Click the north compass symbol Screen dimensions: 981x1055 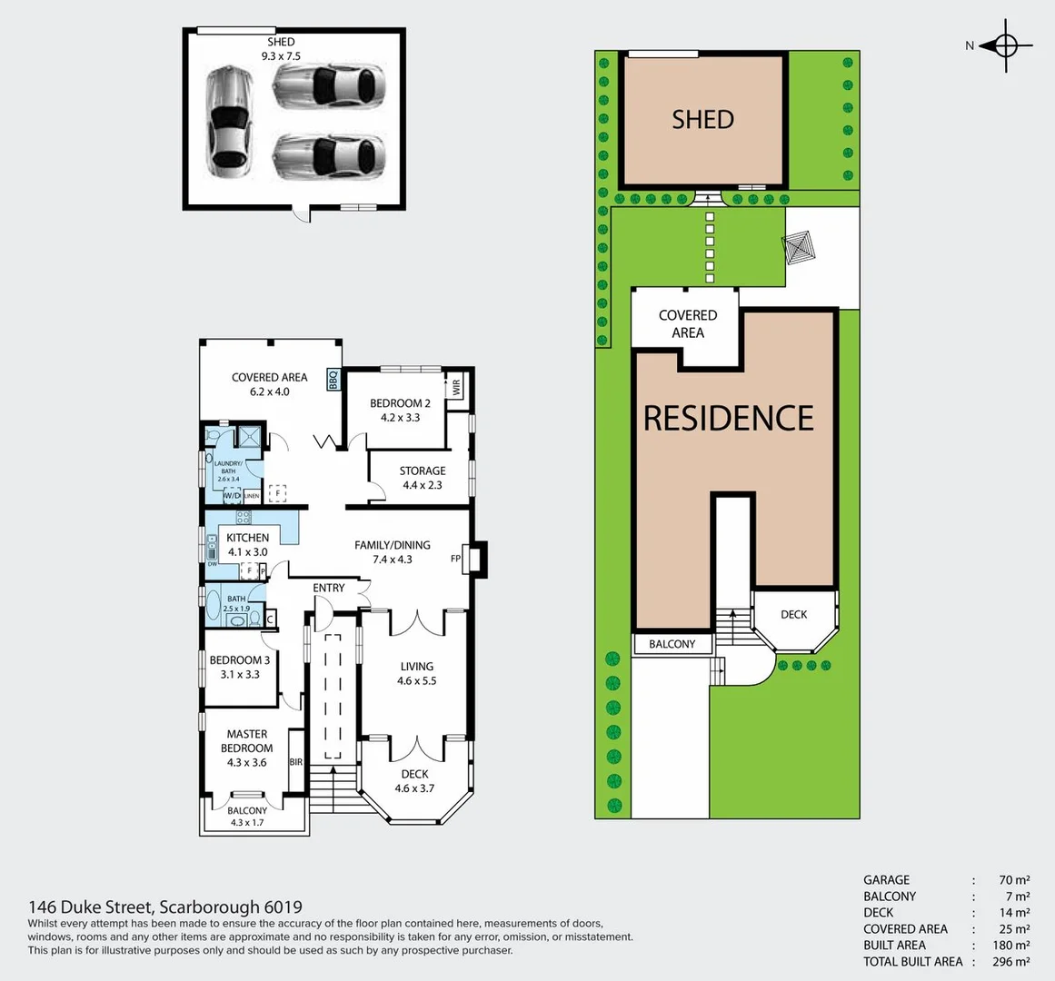click(1006, 45)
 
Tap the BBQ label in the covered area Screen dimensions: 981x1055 click(333, 379)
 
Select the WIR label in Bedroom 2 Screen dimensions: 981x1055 click(456, 386)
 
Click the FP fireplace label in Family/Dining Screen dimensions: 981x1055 click(455, 559)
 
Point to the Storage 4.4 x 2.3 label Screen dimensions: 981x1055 click(423, 478)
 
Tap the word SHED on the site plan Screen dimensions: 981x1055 click(702, 119)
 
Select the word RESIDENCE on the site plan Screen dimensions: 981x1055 click(729, 418)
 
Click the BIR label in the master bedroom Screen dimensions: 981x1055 click(295, 762)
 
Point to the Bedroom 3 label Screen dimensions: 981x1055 click(240, 667)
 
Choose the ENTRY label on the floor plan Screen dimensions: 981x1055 click(329, 588)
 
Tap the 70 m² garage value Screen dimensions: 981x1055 click(1013, 879)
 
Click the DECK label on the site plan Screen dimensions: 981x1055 click(793, 615)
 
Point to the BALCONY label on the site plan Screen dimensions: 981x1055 click(672, 644)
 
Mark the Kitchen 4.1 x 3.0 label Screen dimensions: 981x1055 click(247, 544)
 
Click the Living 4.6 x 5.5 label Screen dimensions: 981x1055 click(416, 673)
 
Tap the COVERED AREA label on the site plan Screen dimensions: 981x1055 click(687, 323)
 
